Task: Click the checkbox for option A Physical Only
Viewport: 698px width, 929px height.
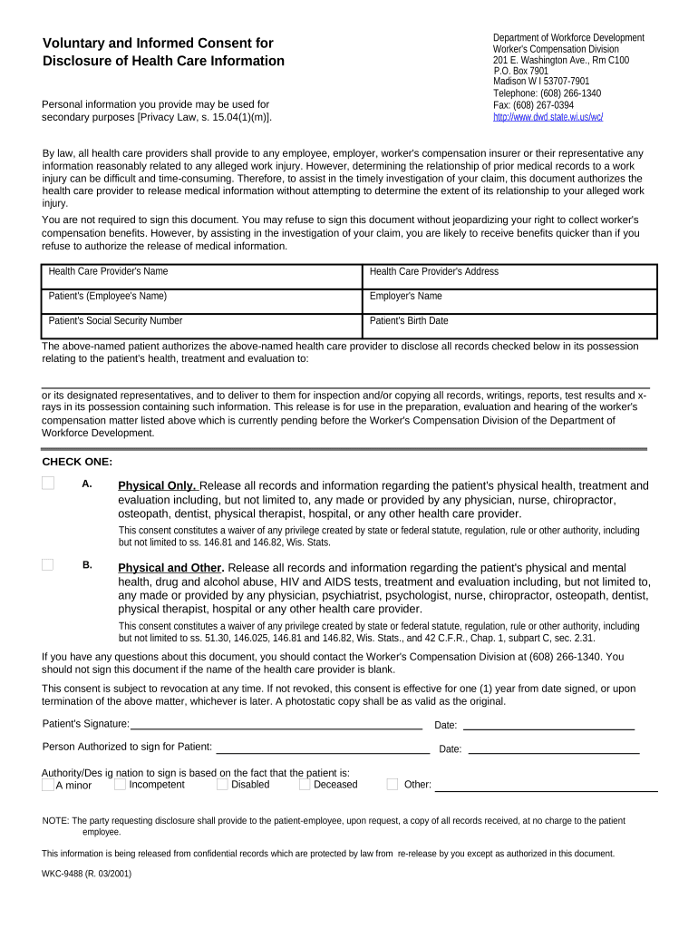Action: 48,484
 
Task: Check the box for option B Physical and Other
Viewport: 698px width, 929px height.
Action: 48,564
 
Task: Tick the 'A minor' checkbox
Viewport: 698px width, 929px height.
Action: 48,785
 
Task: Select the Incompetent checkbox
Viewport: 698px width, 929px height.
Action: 120,784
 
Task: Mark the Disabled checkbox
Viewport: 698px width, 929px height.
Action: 222,784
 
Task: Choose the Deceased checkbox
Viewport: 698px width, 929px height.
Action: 304,784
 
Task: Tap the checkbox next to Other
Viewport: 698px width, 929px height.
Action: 393,784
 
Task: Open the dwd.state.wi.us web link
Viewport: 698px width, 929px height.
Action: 548,117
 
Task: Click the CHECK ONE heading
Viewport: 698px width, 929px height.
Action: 77,462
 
